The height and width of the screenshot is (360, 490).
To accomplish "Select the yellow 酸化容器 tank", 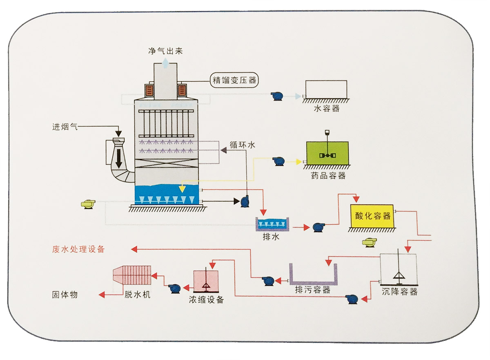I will click(x=372, y=216).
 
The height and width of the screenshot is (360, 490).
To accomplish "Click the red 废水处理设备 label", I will click(x=78, y=249).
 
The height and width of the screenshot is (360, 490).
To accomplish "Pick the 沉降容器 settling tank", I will click(x=398, y=269).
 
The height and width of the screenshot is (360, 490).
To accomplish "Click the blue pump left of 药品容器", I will click(x=280, y=161).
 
